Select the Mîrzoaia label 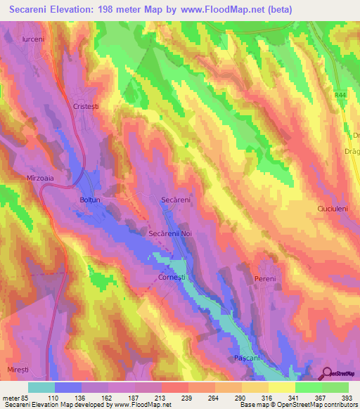click(39, 178)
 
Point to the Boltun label click(90, 200)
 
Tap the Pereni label click(264, 279)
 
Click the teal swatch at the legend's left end click(41, 387)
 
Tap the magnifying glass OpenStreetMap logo click(328, 373)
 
